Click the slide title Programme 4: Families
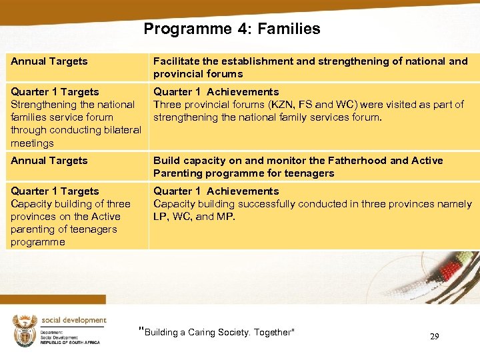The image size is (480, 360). coord(231,29)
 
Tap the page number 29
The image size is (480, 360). coord(434,337)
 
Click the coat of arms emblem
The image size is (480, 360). coord(25,331)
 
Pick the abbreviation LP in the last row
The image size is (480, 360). coord(160,217)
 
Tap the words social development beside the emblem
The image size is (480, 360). coord(73,321)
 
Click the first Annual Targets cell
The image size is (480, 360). coord(49,61)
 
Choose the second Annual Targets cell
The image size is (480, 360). coord(49,161)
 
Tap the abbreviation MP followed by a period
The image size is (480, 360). coord(227,217)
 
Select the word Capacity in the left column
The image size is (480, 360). coord(31,204)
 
